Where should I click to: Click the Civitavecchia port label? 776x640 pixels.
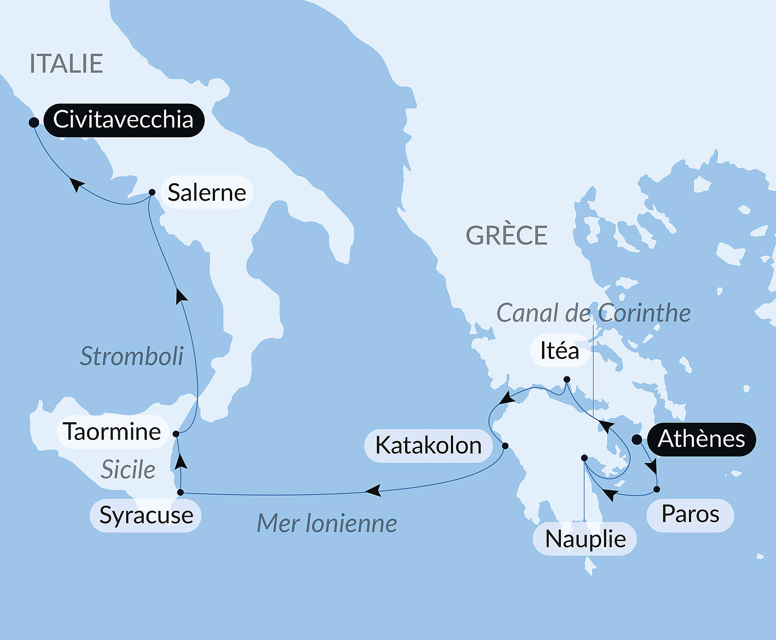(123, 120)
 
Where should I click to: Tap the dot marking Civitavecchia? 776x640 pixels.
(34, 122)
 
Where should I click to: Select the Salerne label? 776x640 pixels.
(207, 193)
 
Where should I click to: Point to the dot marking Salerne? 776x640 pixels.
(152, 192)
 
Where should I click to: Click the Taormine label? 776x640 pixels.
(112, 432)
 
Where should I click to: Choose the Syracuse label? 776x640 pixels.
(146, 515)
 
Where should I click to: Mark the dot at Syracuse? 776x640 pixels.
(181, 493)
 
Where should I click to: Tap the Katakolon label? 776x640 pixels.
(428, 446)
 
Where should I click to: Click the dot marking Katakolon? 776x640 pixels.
(505, 446)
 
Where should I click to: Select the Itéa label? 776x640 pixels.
(560, 350)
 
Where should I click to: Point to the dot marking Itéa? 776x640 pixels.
(567, 380)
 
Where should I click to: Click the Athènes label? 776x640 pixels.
(701, 439)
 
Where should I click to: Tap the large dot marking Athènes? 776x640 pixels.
(637, 440)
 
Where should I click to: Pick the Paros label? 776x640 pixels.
(690, 514)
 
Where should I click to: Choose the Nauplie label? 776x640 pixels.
(585, 539)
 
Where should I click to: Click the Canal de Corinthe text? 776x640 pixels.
(593, 313)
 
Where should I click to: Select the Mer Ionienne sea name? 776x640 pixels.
(327, 524)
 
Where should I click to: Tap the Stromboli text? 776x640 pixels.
(132, 357)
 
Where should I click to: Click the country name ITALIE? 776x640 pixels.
(66, 64)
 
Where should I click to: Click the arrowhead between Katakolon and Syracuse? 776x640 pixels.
(374, 490)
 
